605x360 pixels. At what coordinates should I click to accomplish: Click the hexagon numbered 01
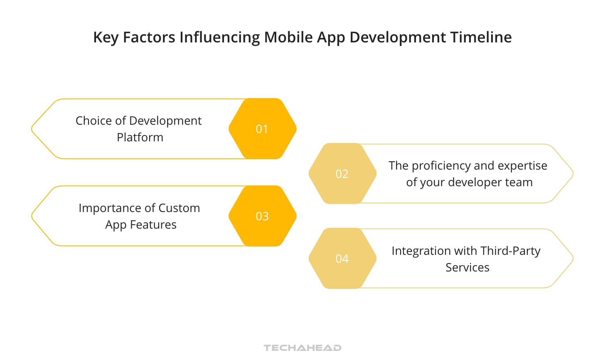(x=262, y=129)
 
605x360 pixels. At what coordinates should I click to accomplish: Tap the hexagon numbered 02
(x=342, y=174)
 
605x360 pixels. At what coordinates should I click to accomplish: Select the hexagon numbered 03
(x=262, y=216)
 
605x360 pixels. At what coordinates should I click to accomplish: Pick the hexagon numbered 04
(x=342, y=259)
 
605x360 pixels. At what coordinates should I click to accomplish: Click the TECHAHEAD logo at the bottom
(x=302, y=348)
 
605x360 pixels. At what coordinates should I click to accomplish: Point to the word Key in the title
(x=106, y=37)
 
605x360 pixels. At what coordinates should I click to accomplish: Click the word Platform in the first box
(x=140, y=138)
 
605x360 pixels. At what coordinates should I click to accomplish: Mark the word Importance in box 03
(x=109, y=208)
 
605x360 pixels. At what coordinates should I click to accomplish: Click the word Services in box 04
(x=467, y=268)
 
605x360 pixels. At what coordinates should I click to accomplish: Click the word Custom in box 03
(x=179, y=208)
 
